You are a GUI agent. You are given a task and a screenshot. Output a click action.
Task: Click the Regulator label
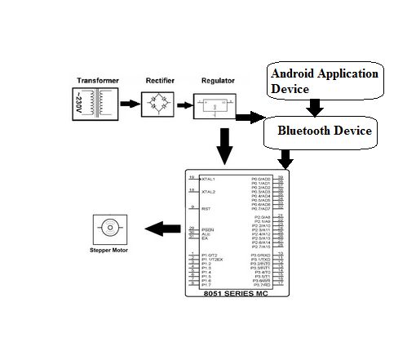click(215, 81)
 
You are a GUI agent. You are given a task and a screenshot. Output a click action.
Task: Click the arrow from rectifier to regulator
click(182, 104)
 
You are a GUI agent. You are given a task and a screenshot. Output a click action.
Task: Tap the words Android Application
click(325, 73)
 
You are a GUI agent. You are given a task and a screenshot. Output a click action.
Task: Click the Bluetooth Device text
click(325, 131)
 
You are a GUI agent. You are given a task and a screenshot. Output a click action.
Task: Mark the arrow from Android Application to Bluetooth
click(316, 107)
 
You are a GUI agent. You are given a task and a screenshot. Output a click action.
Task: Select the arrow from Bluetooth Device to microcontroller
click(285, 157)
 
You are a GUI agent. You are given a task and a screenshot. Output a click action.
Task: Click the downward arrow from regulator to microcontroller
click(224, 144)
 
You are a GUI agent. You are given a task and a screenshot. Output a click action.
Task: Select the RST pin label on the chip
click(206, 209)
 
